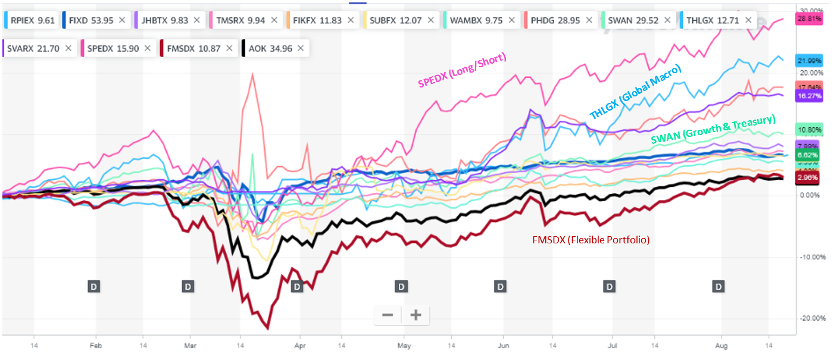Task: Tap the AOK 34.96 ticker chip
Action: coord(271,48)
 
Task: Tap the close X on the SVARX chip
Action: coord(68,48)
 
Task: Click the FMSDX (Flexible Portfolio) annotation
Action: coord(590,240)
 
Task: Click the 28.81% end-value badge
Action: coord(808,19)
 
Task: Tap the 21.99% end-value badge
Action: coord(808,60)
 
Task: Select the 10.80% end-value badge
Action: coord(808,130)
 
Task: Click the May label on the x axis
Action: coord(404,345)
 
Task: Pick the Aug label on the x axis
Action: coord(719,345)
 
